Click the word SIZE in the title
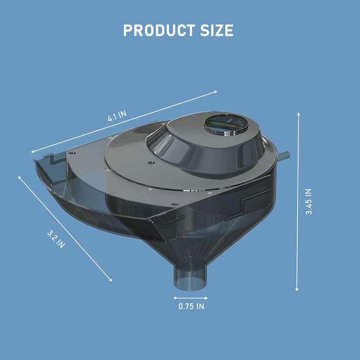point(212,30)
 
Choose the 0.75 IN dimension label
point(191,307)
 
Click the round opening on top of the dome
point(223,123)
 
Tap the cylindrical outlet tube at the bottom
point(191,279)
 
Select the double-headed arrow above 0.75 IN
point(191,298)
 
